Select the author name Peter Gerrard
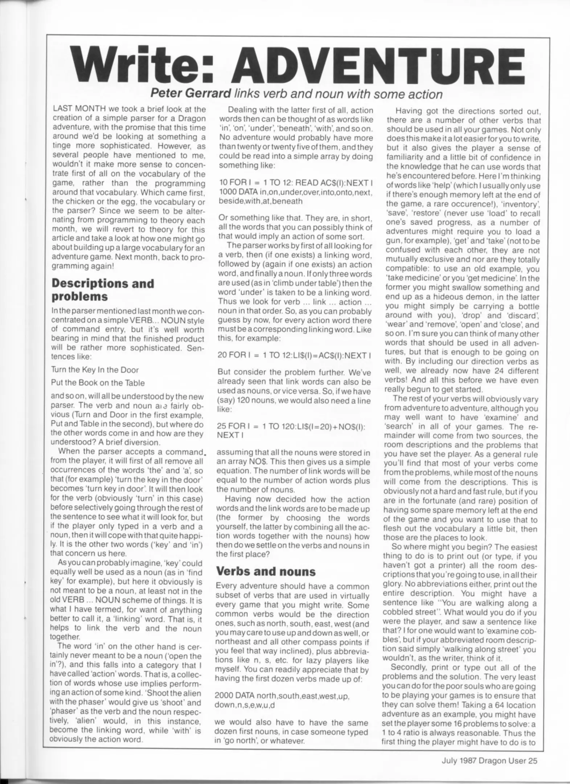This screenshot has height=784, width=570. click(x=190, y=94)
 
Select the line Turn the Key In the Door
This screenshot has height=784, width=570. click(x=95, y=370)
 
